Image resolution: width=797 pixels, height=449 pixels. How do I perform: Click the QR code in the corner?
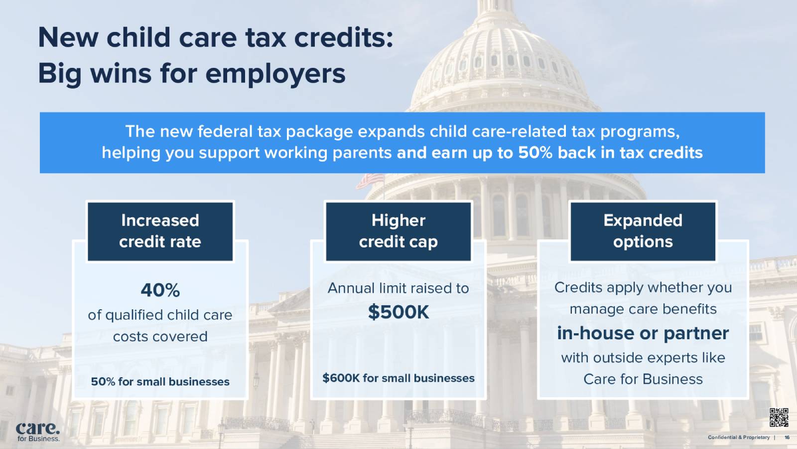(x=779, y=418)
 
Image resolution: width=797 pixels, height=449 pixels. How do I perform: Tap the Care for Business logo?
(x=38, y=431)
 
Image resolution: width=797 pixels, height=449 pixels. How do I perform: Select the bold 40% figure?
(x=160, y=290)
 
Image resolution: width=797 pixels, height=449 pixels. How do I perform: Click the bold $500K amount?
(x=398, y=312)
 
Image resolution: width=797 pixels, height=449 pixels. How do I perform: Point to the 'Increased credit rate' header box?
(x=160, y=231)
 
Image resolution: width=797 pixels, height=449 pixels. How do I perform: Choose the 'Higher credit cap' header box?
(x=398, y=231)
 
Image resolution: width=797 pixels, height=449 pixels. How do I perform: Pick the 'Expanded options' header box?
(x=643, y=231)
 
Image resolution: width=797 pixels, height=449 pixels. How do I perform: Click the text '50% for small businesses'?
(x=160, y=382)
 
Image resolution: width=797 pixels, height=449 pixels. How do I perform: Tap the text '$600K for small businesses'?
(x=398, y=378)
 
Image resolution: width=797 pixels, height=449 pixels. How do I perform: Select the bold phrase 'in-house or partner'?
(x=643, y=333)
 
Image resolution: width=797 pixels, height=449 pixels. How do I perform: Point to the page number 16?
(x=787, y=438)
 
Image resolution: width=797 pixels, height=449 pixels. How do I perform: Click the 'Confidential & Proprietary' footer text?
(x=739, y=438)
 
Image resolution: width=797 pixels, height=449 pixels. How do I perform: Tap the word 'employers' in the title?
(x=275, y=74)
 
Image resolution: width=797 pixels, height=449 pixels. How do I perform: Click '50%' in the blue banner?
(x=535, y=153)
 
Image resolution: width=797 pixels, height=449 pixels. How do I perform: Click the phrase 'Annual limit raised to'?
(x=398, y=288)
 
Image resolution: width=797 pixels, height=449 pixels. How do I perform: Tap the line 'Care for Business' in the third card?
(x=643, y=379)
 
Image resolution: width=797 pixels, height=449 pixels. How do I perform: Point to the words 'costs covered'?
(x=160, y=337)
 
